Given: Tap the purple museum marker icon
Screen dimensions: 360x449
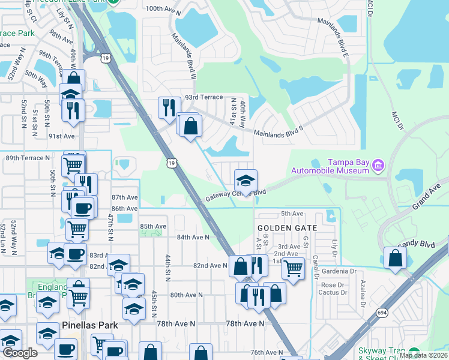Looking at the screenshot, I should click(378, 164).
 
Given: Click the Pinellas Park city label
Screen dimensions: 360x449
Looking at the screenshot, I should click(89, 325).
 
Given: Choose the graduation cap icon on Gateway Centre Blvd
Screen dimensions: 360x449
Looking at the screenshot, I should click(246, 180).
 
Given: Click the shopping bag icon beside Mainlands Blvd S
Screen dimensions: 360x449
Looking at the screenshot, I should click(190, 126).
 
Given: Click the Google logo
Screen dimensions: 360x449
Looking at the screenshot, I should click(20, 352).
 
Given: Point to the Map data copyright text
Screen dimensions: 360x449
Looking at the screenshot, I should click(423, 355).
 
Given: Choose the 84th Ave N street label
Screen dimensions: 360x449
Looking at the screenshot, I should click(193, 237).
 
